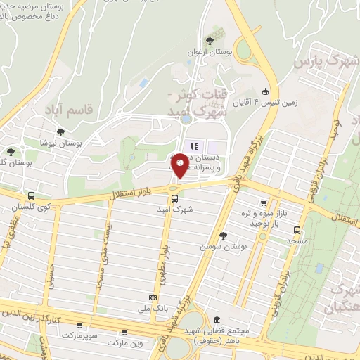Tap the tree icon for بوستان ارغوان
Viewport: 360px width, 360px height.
tap(209, 41)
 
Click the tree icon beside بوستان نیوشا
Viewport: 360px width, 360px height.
tap(60, 131)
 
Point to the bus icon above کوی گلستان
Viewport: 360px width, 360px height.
tap(31, 195)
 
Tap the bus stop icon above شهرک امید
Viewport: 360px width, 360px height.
tap(174, 198)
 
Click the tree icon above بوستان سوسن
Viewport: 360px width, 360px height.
tap(224, 236)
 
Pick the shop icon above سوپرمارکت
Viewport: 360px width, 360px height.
tap(79, 326)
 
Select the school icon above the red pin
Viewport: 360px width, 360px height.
tap(192, 146)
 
